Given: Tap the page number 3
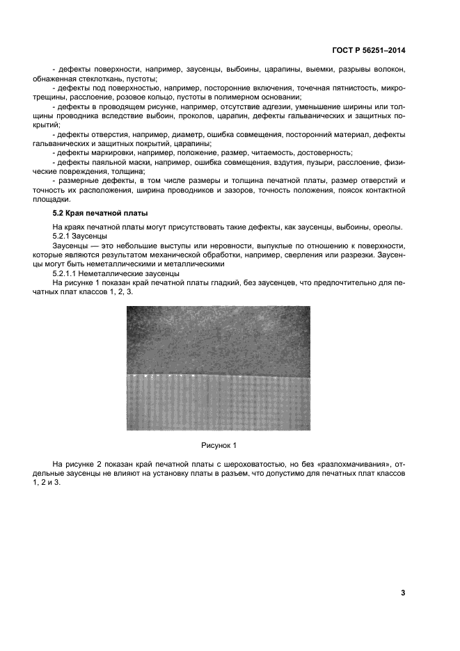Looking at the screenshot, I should tap(402, 593).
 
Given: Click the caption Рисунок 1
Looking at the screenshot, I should tap(219, 444).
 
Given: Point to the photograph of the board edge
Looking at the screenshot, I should tap(219, 369).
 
